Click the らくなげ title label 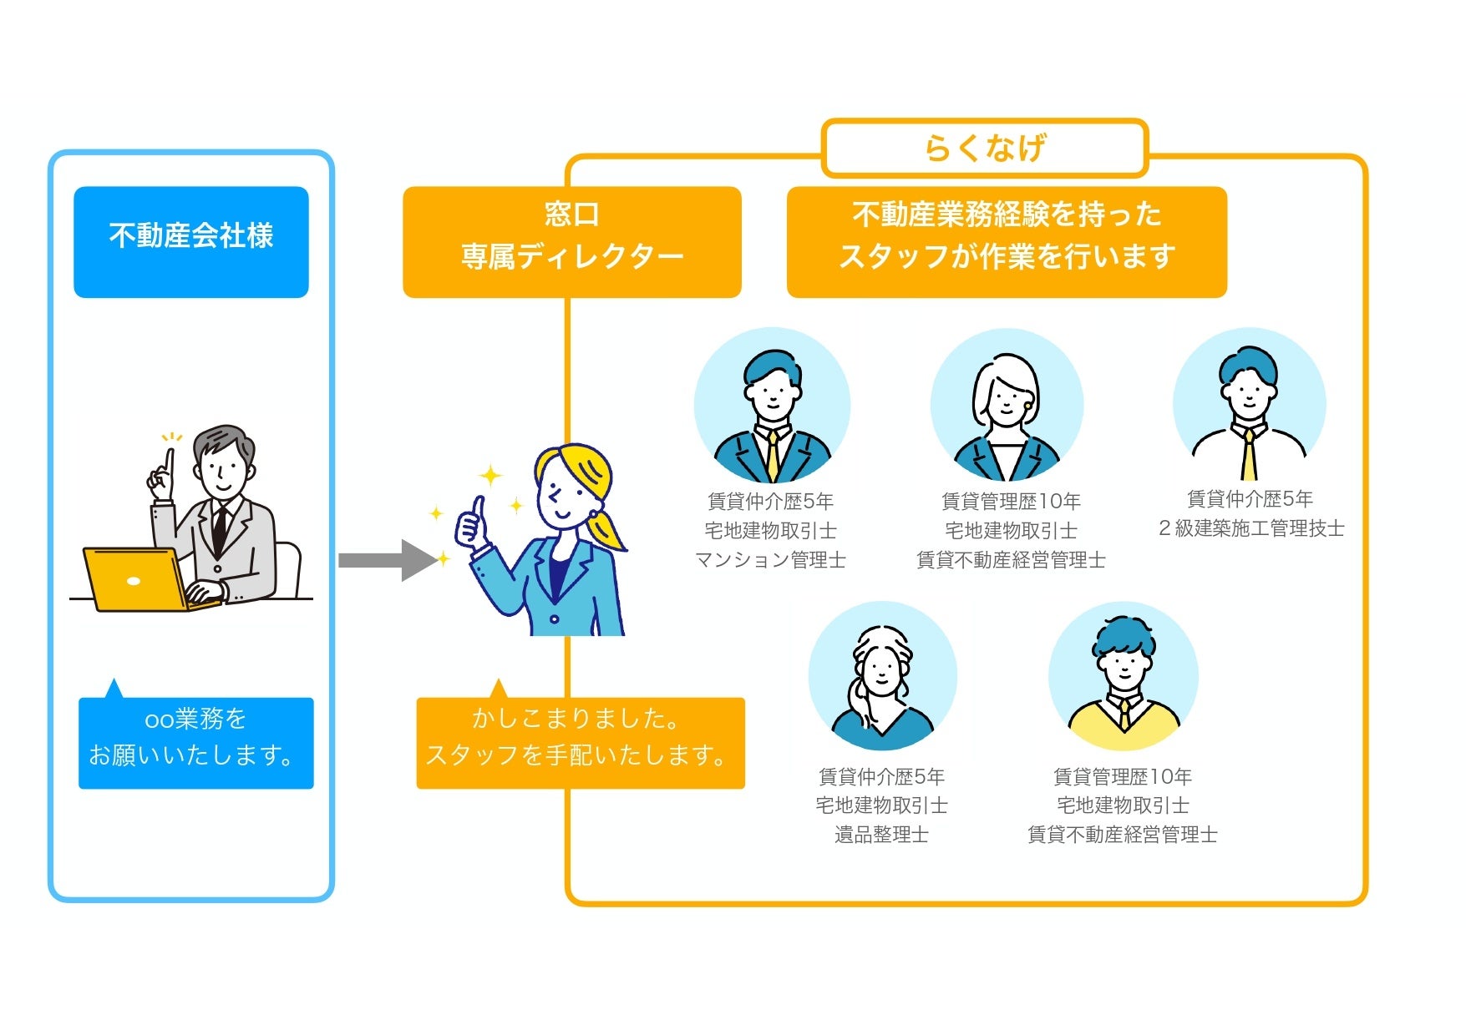(x=985, y=149)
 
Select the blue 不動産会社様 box (x=191, y=241)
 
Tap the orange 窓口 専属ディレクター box (x=571, y=241)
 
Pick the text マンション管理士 (x=770, y=560)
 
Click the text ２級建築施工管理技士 (x=1250, y=528)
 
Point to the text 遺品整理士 (x=881, y=835)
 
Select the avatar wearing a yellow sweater (x=1124, y=677)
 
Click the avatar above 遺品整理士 (x=882, y=677)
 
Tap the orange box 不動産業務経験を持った (x=1007, y=241)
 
